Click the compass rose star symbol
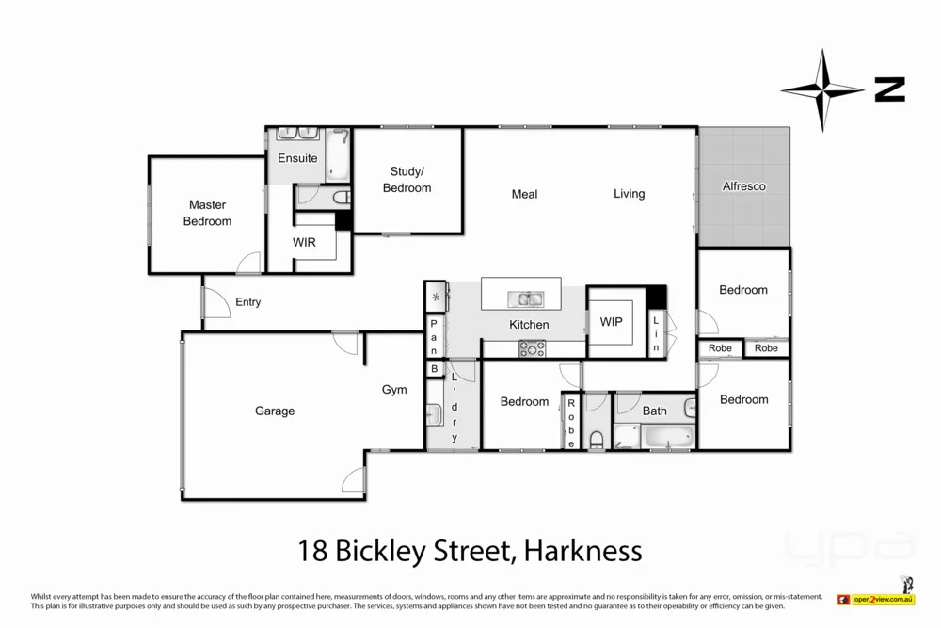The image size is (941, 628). click(822, 90)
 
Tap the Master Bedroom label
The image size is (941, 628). click(207, 213)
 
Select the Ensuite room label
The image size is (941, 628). click(297, 158)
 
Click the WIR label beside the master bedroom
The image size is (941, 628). click(304, 242)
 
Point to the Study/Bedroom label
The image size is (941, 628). click(407, 180)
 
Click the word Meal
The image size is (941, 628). click(524, 194)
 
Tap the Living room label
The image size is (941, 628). click(630, 194)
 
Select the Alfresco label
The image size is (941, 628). click(743, 186)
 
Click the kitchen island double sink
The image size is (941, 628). click(524, 299)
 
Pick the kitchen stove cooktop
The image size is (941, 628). click(532, 348)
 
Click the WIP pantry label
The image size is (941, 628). click(611, 322)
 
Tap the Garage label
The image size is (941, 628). click(275, 411)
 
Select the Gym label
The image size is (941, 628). click(394, 390)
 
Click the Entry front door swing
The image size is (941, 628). click(215, 303)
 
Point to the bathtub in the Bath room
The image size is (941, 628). click(669, 438)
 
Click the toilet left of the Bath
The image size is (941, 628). click(597, 439)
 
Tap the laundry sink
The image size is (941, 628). click(434, 414)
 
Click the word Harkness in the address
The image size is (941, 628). click(583, 550)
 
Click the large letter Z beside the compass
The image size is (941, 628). click(889, 90)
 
